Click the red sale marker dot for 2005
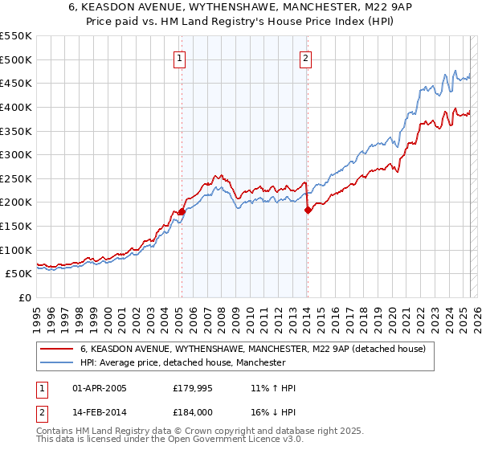tap(182, 211)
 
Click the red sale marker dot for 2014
tap(308, 210)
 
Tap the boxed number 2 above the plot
tap(307, 58)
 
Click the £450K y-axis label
tap(16, 83)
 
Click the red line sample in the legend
tap(56, 350)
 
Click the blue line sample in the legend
tap(56, 363)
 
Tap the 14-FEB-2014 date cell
tap(96, 413)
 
